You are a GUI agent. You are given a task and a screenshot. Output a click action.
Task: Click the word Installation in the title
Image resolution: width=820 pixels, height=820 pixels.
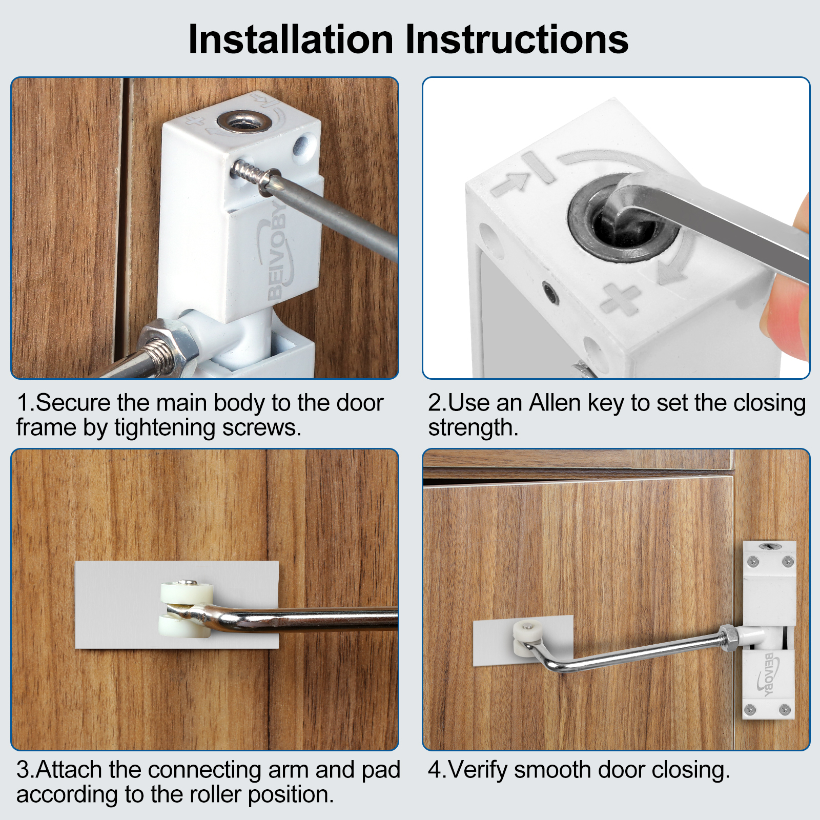(291, 39)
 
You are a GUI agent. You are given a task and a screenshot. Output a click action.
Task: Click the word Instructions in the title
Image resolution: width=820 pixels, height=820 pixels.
(517, 39)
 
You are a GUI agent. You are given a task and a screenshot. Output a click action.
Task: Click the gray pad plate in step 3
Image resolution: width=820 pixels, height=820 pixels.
(177, 604)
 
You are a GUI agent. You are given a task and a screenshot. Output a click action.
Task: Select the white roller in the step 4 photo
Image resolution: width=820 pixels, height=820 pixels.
(527, 638)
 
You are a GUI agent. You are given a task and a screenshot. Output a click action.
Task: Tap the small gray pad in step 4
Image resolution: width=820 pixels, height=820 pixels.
(523, 641)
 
